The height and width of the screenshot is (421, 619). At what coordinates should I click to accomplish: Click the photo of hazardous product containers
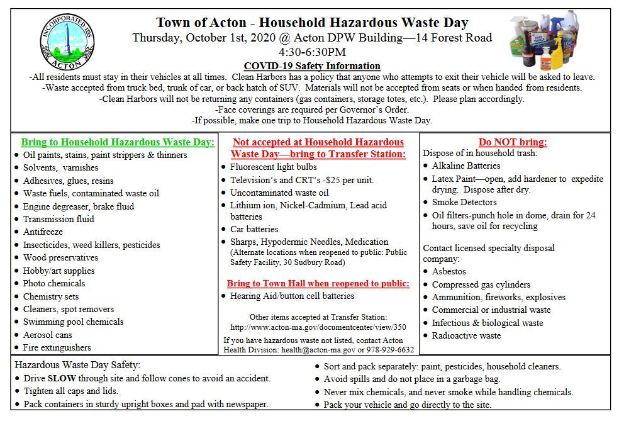pyautogui.click(x=552, y=40)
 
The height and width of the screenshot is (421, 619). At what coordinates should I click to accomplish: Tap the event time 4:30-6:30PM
pyautogui.click(x=312, y=52)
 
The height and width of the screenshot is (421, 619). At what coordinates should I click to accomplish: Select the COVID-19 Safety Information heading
pyautogui.click(x=312, y=66)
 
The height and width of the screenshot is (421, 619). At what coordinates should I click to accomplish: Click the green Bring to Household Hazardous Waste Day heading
pyautogui.click(x=118, y=142)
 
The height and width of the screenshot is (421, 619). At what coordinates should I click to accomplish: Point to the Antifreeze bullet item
pyautogui.click(x=43, y=232)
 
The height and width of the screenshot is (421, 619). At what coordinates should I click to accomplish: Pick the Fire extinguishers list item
pyautogui.click(x=57, y=347)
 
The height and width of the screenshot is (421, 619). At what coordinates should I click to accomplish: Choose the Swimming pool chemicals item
pyautogui.click(x=74, y=322)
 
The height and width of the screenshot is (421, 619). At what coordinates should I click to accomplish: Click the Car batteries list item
pyautogui.click(x=254, y=229)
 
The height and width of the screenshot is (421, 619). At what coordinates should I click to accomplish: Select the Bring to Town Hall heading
pyautogui.click(x=318, y=283)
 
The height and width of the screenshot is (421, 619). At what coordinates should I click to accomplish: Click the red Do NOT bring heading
pyautogui.click(x=513, y=142)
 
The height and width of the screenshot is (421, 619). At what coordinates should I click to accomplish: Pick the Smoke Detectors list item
pyautogui.click(x=464, y=202)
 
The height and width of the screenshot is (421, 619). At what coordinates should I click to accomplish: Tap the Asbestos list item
pyautogui.click(x=449, y=271)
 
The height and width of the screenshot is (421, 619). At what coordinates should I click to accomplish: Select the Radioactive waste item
pyautogui.click(x=466, y=335)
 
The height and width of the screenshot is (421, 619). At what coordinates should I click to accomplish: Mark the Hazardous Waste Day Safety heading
pyautogui.click(x=77, y=365)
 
